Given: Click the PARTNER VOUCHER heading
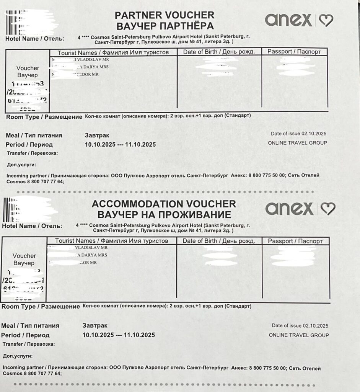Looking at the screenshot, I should pos(165,15).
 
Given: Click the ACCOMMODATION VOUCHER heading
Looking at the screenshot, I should pos(164,204).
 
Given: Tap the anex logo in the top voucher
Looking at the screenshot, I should pos(288,20).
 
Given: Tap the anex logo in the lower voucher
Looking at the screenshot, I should pos(289,208).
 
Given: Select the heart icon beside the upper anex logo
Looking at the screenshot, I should pos(326,20).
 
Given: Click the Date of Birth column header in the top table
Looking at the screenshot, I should pos(219,52).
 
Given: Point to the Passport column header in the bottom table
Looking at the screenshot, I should pos(295,241).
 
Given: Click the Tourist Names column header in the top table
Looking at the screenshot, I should pos(113,52).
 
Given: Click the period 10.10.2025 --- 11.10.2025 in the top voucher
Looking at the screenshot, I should pos(120,145).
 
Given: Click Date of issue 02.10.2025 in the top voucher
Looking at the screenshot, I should pos(299,134).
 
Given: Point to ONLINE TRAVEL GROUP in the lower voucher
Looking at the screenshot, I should pos(299,335).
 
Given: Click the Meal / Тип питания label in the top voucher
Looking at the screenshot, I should pos(34,136).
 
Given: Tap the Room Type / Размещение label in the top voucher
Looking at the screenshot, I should pos(44,117).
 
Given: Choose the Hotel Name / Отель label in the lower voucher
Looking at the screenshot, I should pos(32,226).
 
